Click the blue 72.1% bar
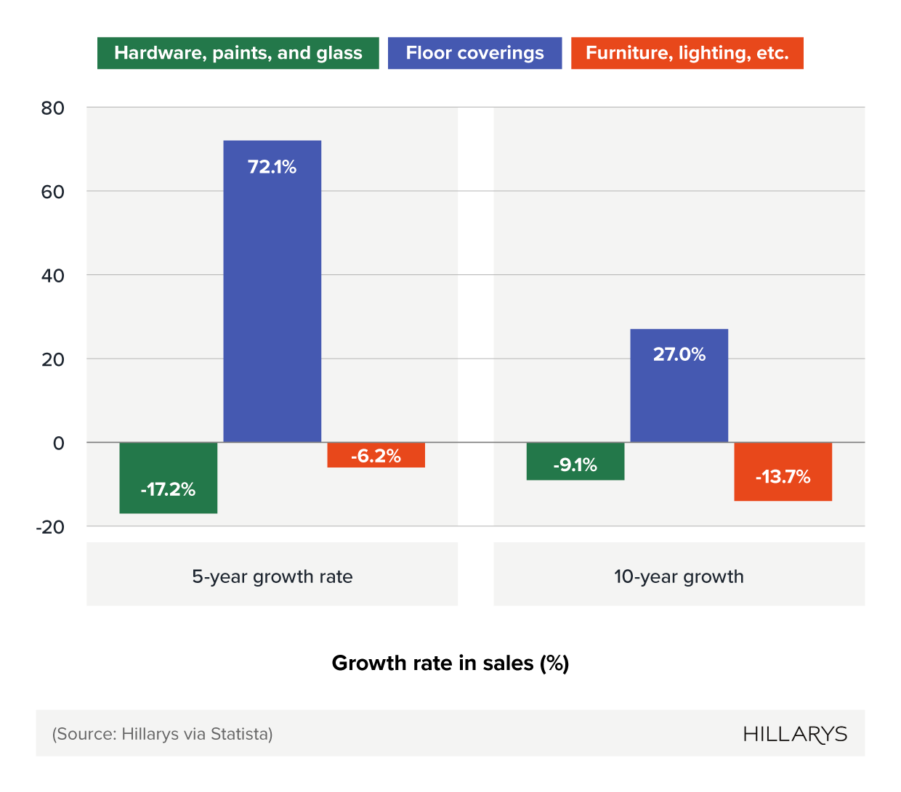pyautogui.click(x=272, y=290)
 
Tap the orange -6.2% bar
pyautogui.click(x=376, y=455)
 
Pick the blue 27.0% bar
pyautogui.click(x=679, y=385)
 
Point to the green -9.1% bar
pyautogui.click(x=575, y=462)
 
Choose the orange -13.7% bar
pyautogui.click(x=783, y=472)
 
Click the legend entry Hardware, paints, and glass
pyautogui.click(x=238, y=53)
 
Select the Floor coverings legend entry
pyautogui.click(x=474, y=53)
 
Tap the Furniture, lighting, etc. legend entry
pyautogui.click(x=687, y=53)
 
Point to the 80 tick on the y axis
pyautogui.click(x=53, y=108)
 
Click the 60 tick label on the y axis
pyautogui.click(x=53, y=192)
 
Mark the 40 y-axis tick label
pyautogui.click(x=53, y=276)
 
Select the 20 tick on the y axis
pyautogui.click(x=53, y=359)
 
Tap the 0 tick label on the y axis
pyautogui.click(x=59, y=443)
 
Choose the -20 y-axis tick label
pyautogui.click(x=50, y=527)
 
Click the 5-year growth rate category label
pyautogui.click(x=272, y=576)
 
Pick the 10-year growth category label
pyautogui.click(x=679, y=576)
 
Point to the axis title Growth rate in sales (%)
pyautogui.click(x=450, y=663)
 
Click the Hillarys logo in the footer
pyautogui.click(x=795, y=734)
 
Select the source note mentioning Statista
pyautogui.click(x=162, y=734)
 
